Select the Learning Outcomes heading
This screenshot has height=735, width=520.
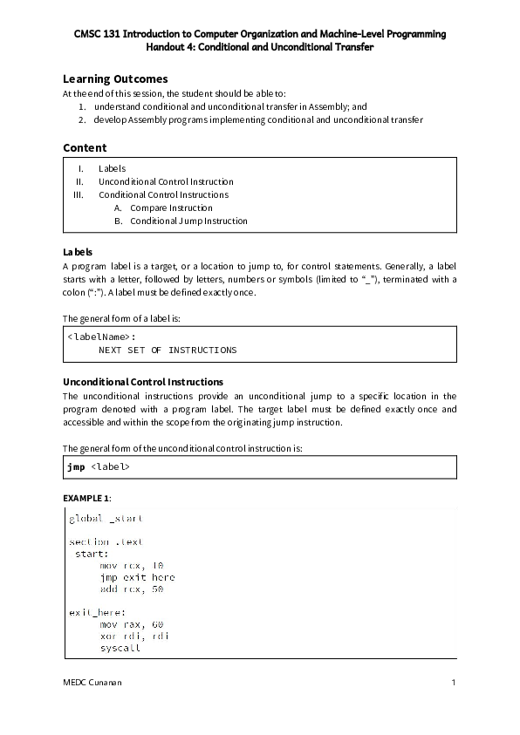[x=115, y=78]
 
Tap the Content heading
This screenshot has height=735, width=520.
[x=85, y=147]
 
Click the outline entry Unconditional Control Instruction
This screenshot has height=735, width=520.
[x=166, y=181]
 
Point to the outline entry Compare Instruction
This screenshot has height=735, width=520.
[x=171, y=208]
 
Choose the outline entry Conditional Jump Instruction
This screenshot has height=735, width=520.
[x=188, y=221]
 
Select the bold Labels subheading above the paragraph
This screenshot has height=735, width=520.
[x=78, y=251]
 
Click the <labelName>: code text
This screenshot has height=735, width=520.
[x=101, y=336]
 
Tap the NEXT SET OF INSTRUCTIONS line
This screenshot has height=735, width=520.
[x=167, y=350]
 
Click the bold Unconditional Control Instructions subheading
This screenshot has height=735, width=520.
[x=143, y=382]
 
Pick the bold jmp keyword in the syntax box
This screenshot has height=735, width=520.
[x=76, y=466]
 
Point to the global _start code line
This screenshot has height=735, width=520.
[x=106, y=518]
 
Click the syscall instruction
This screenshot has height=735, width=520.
[x=120, y=648]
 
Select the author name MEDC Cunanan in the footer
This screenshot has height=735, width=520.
[x=92, y=682]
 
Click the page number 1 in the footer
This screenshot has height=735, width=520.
[x=454, y=682]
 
